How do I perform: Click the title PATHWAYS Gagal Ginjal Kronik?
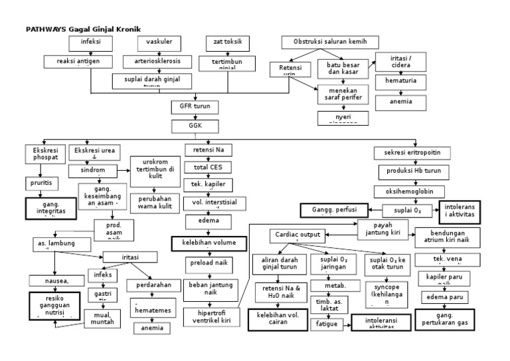pyautogui.click(x=78, y=29)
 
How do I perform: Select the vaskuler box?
pyautogui.click(x=159, y=43)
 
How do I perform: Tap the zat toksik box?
pyautogui.click(x=228, y=43)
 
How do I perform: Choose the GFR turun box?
pyautogui.click(x=195, y=106)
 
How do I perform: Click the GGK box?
pyautogui.click(x=195, y=125)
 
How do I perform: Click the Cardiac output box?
pyautogui.click(x=297, y=235)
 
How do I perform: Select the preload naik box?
pyautogui.click(x=207, y=263)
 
